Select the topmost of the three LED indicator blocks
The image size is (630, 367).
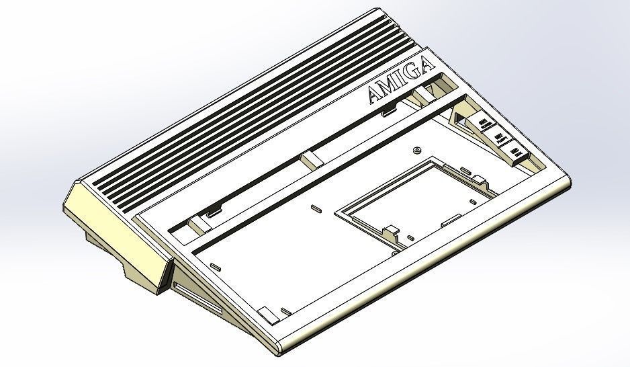[x=485, y=121]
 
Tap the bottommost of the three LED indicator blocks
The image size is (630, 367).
[x=517, y=153]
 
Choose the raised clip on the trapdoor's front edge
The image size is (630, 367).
[x=390, y=233]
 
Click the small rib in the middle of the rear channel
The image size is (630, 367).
[x=310, y=159]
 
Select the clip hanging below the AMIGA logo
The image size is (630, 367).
[x=388, y=110]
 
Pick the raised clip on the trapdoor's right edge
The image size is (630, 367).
[x=480, y=179]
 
